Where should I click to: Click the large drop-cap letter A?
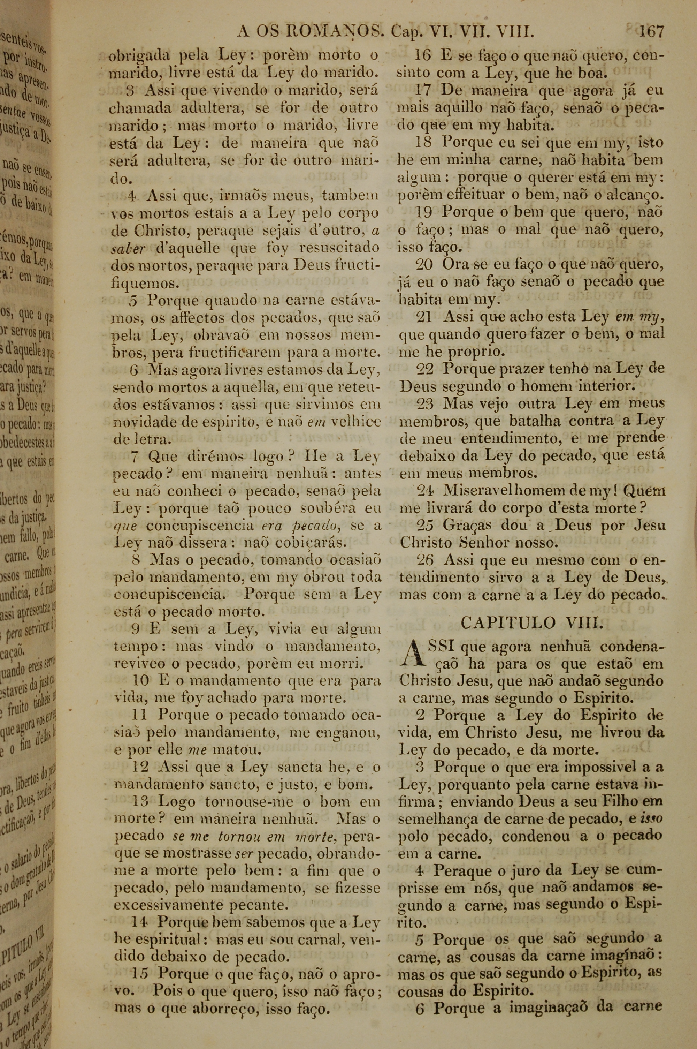pyautogui.click(x=411, y=654)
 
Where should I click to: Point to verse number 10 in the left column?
pyautogui.click(x=142, y=681)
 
